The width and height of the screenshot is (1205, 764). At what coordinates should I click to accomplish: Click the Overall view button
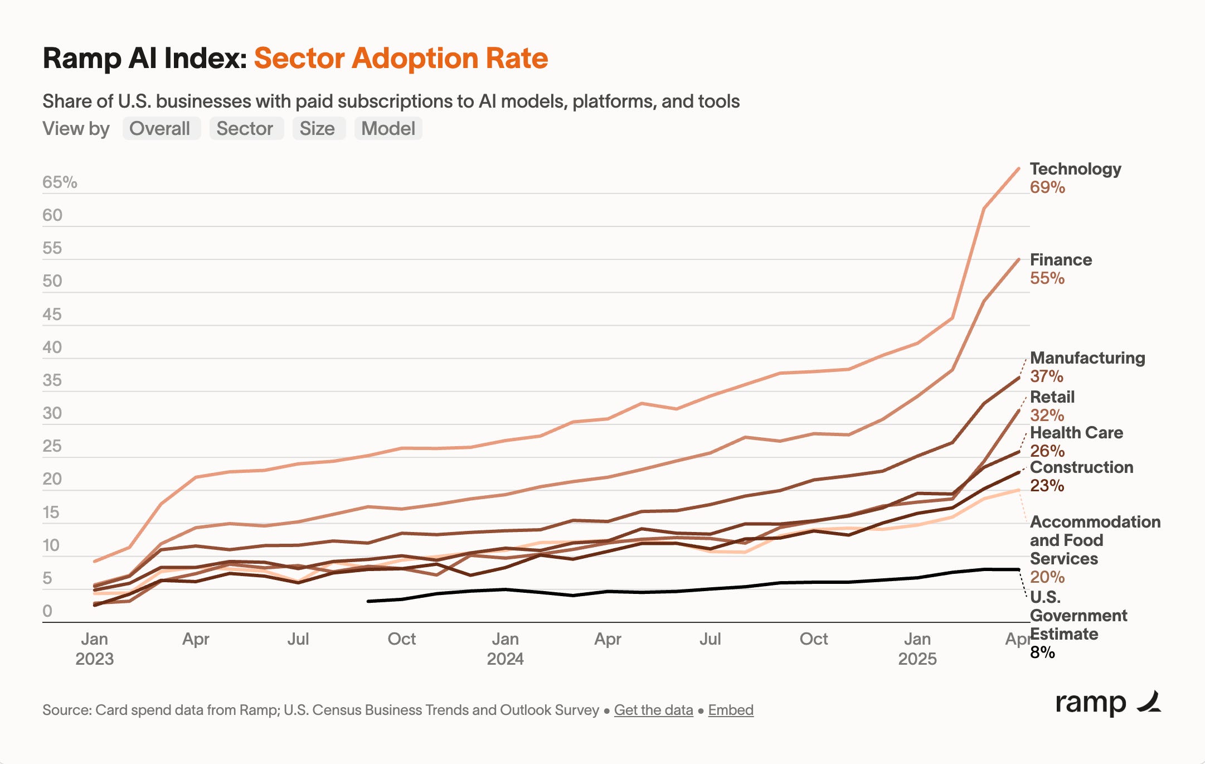(160, 129)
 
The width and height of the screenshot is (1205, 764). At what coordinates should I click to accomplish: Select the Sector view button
(245, 129)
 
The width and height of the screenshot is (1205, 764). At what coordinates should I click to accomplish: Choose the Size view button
(317, 129)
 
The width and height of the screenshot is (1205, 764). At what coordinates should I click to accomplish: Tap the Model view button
(388, 129)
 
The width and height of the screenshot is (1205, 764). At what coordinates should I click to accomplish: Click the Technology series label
(1075, 169)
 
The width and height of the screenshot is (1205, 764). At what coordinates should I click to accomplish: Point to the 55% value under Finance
(1047, 278)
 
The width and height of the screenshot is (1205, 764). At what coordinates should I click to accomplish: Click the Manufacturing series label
(1087, 358)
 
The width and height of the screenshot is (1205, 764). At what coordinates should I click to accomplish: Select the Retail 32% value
(1047, 415)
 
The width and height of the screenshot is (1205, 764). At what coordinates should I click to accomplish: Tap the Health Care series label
(1076, 433)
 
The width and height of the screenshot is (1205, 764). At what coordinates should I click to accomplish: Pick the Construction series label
(1081, 467)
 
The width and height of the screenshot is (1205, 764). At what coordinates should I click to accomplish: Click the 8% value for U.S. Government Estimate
(1042, 652)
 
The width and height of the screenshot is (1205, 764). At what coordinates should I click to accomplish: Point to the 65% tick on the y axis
(60, 182)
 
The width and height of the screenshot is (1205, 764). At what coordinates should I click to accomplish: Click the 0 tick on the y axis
(47, 611)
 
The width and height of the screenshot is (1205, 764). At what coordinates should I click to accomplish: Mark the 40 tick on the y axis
(52, 347)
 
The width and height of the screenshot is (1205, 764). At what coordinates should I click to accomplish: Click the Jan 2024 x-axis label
(505, 649)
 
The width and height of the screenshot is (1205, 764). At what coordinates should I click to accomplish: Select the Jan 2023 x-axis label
(94, 649)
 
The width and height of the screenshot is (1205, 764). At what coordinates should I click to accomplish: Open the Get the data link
(653, 710)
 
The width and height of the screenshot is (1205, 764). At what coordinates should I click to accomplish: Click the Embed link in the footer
(731, 710)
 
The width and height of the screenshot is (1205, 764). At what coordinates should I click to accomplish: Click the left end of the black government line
(369, 601)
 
